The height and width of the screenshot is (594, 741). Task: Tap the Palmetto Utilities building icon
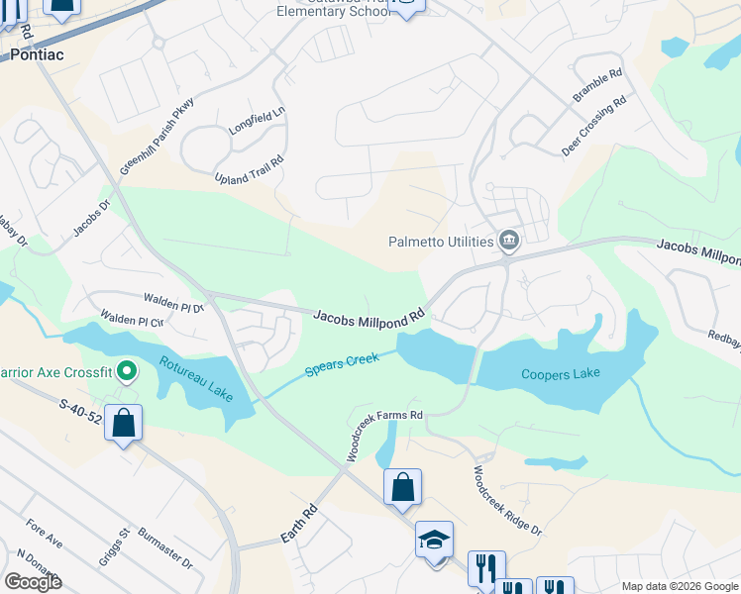[509, 241]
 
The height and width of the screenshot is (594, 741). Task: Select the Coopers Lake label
[561, 374]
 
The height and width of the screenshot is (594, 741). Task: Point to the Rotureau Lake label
[197, 380]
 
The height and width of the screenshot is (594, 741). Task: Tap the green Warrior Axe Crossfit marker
[126, 372]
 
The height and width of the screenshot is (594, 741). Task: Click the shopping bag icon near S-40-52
[124, 424]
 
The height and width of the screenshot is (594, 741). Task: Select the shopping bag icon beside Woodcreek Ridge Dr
[402, 486]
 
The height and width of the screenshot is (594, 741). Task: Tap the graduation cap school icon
[434, 539]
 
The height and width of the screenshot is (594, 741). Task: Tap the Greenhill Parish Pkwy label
[159, 137]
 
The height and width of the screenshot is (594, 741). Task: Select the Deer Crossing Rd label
[594, 127]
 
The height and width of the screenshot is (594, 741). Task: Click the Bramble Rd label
[597, 86]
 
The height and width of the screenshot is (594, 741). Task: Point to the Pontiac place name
[37, 54]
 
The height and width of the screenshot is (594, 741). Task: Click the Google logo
[33, 581]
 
